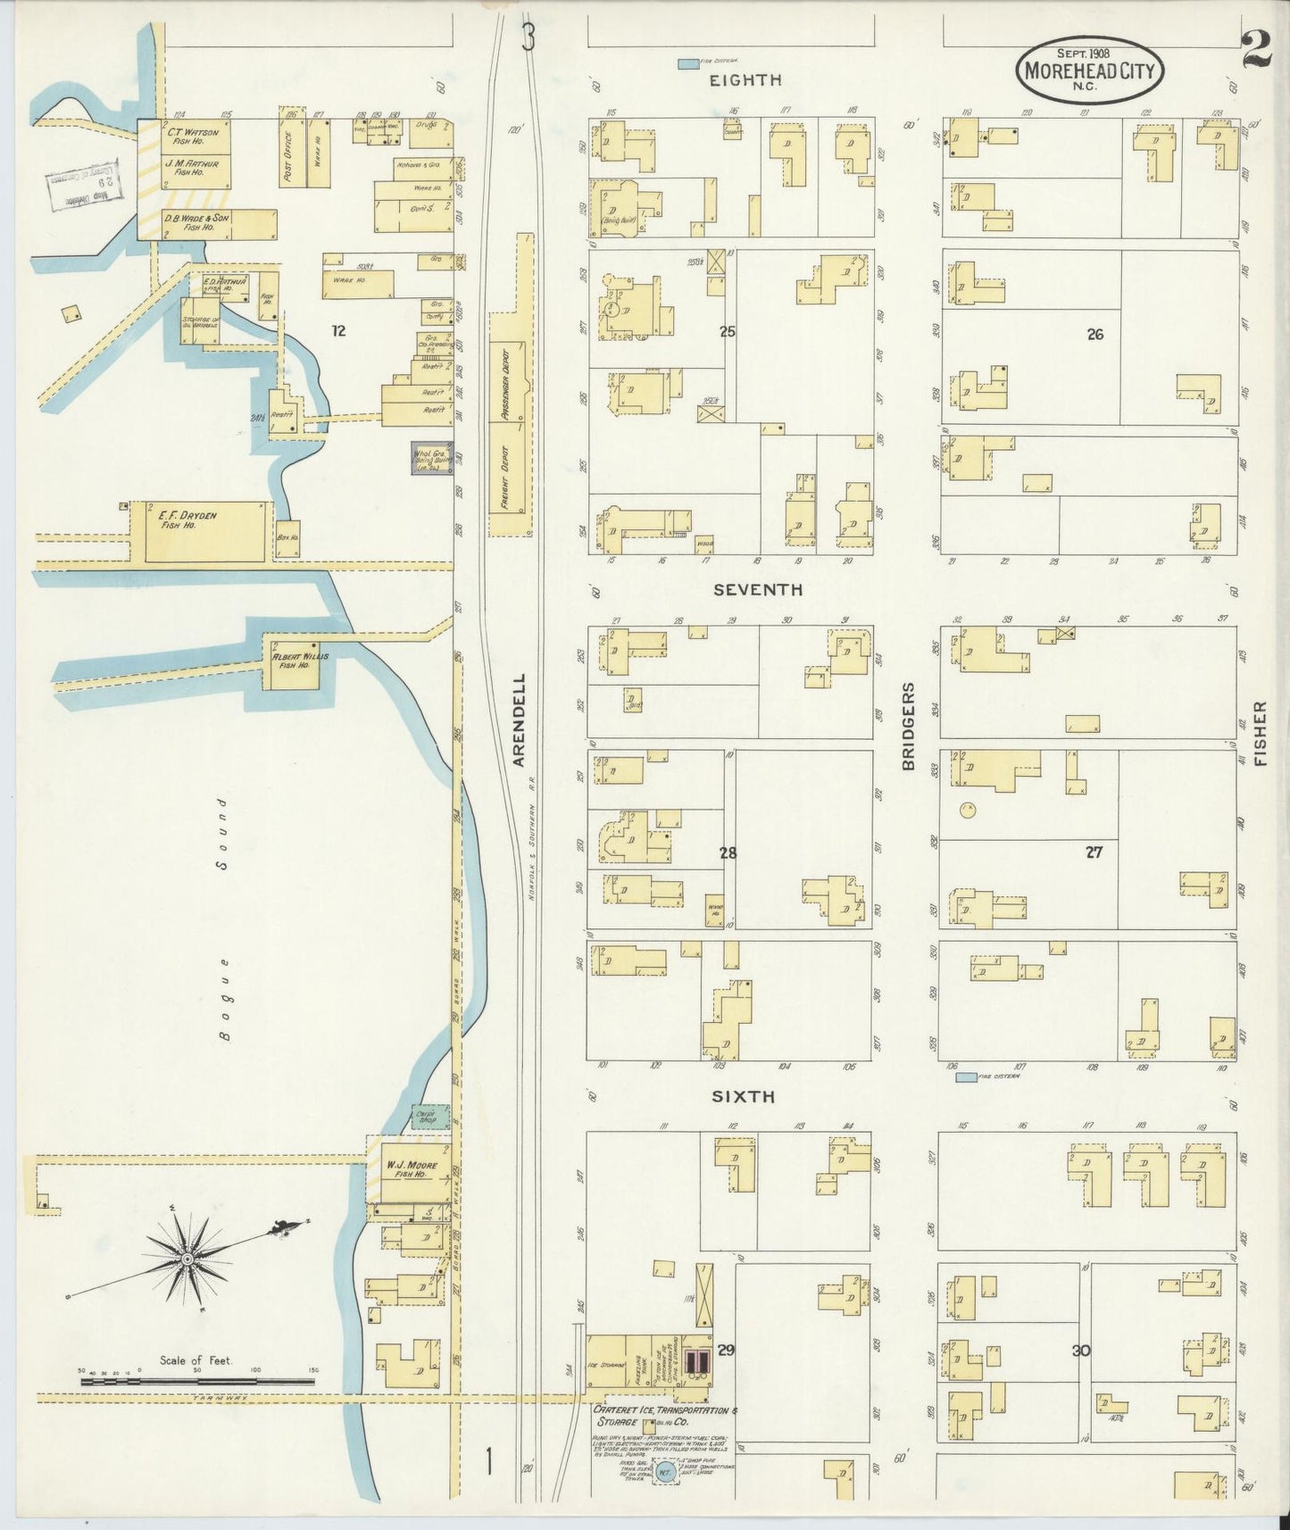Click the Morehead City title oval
click(x=1089, y=70)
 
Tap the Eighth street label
click(x=745, y=80)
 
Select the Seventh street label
click(x=757, y=590)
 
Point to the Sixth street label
click(x=743, y=1097)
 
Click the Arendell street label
click(x=520, y=719)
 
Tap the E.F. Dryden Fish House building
click(x=205, y=531)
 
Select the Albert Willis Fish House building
click(x=294, y=661)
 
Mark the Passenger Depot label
click(x=504, y=383)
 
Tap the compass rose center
click(x=188, y=1259)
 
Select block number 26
click(x=1094, y=335)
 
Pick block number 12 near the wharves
click(x=338, y=331)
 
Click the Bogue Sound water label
click(x=225, y=919)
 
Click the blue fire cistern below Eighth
click(x=687, y=64)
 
